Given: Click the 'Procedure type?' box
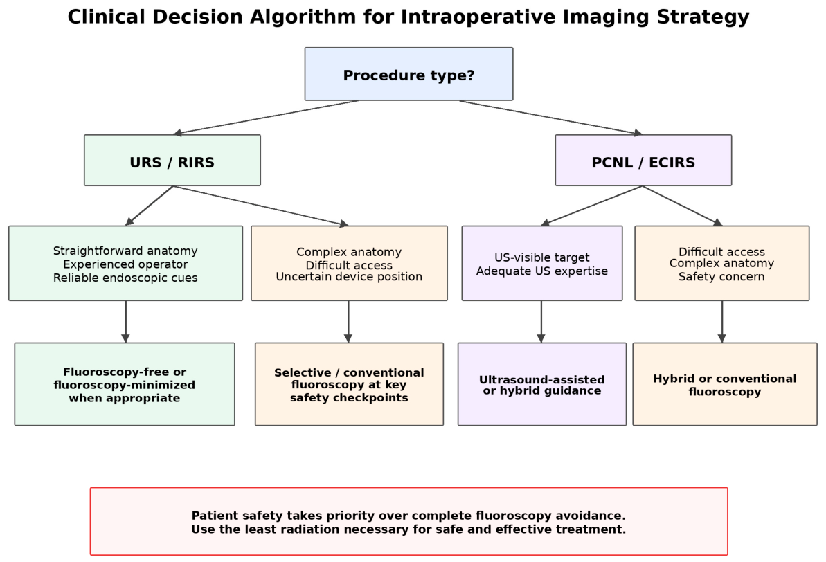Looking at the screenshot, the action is (x=408, y=74).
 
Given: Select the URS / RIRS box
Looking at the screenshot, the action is (x=172, y=160).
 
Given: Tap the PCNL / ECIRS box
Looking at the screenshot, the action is (x=643, y=160).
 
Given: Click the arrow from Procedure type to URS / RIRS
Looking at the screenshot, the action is (x=266, y=118).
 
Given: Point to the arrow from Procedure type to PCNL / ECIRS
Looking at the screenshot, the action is (x=551, y=118).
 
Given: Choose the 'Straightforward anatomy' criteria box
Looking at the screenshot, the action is (x=125, y=264).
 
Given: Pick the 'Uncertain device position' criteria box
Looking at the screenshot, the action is (x=349, y=264).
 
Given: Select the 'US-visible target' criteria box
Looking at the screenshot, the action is (x=542, y=264).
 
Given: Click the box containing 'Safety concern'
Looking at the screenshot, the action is (x=721, y=264).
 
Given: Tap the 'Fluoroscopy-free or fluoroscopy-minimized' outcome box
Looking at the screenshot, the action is (x=125, y=384).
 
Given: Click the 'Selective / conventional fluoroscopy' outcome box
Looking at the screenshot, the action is (x=349, y=384).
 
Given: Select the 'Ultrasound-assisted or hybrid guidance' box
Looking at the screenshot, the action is (x=542, y=384).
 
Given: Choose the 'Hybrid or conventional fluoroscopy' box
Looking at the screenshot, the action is (x=725, y=384).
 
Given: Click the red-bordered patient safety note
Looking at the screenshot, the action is (x=408, y=521).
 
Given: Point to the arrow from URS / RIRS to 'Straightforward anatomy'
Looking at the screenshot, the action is (x=149, y=206).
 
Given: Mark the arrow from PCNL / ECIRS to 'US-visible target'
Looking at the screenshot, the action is (x=592, y=206).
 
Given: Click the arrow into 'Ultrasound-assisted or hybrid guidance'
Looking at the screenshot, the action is (x=541, y=322).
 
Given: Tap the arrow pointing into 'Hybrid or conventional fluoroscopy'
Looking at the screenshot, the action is (x=722, y=322).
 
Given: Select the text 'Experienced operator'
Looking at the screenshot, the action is (x=125, y=264).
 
